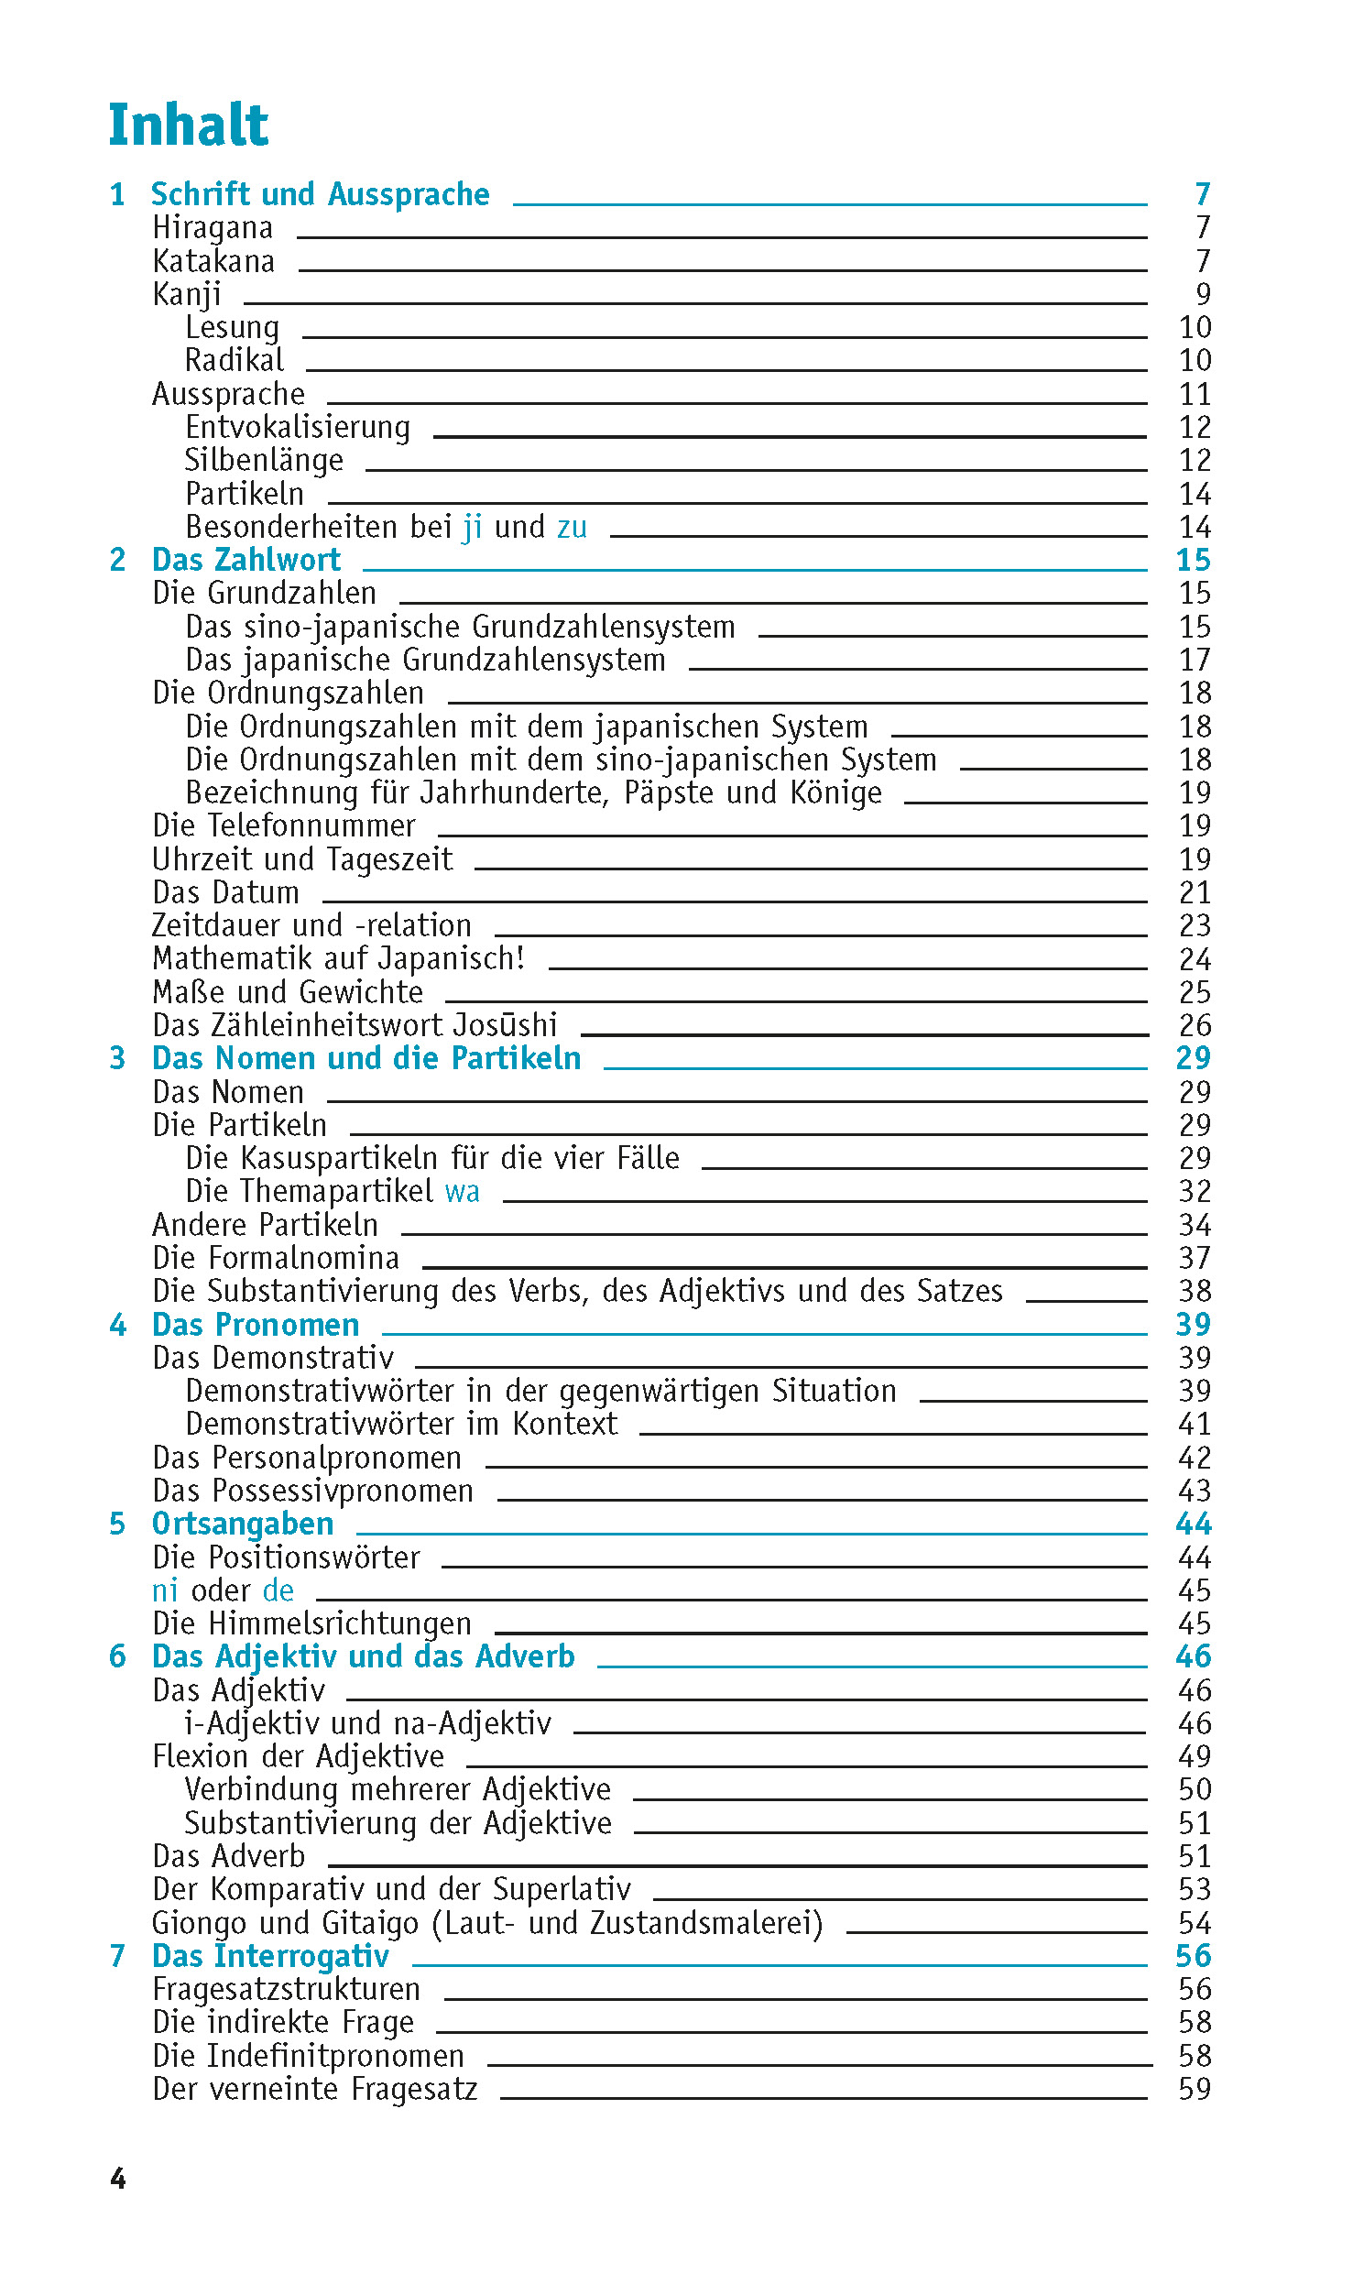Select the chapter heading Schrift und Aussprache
(320, 194)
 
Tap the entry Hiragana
(213, 228)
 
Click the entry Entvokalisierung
(298, 428)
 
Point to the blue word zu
(572, 528)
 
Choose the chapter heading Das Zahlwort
(246, 560)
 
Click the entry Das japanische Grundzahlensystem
(425, 661)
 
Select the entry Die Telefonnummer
(284, 826)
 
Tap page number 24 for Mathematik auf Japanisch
(1195, 959)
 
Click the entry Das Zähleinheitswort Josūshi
(355, 1025)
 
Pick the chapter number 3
(117, 1059)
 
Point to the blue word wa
(462, 1192)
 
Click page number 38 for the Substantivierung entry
(1195, 1292)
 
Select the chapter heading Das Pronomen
(256, 1325)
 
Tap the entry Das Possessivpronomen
(312, 1492)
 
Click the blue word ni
(165, 1590)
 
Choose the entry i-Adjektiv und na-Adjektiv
(368, 1724)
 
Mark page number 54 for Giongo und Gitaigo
(1195, 1923)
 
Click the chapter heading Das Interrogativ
(270, 1956)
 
